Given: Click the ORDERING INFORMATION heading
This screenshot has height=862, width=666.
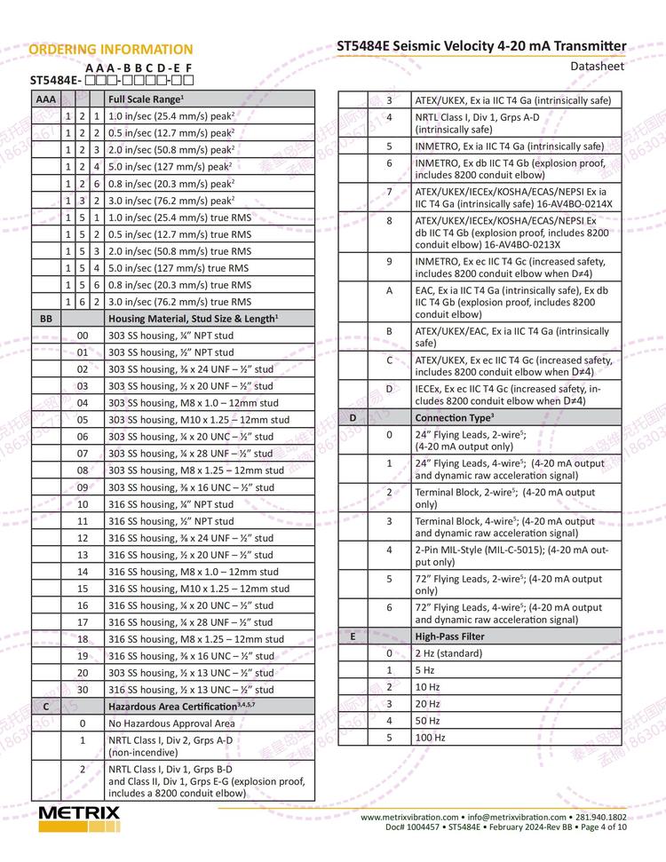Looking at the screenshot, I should [x=110, y=49].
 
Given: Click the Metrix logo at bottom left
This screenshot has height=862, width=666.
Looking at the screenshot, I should [x=79, y=818].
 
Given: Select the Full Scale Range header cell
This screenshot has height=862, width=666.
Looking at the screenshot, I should [x=146, y=99].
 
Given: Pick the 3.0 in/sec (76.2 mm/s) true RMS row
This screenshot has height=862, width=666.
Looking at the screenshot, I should [x=179, y=301].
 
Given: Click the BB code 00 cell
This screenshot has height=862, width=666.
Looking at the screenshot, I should [x=83, y=336].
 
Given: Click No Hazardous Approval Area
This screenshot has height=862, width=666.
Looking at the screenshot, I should [x=171, y=723].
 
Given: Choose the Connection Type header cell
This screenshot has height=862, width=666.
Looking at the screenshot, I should [x=455, y=416].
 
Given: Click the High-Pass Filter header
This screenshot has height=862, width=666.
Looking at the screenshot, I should [x=449, y=637].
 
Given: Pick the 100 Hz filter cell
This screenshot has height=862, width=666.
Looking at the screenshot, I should [x=431, y=737].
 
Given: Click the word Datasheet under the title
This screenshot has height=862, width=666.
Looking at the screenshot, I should [x=598, y=66].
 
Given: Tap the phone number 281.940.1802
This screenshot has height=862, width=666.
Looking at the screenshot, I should [x=601, y=817].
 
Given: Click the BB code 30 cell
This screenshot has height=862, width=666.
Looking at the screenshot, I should [x=83, y=689].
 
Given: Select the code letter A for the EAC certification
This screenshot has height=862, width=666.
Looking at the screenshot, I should [x=389, y=290].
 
